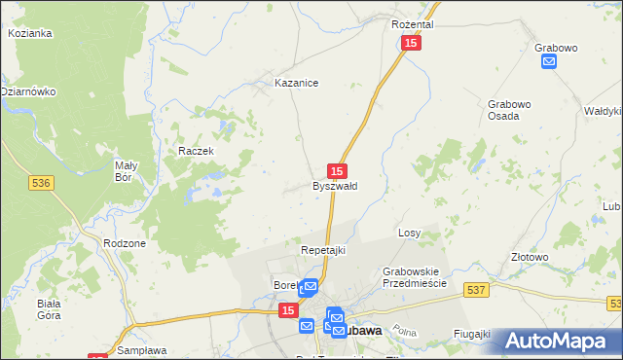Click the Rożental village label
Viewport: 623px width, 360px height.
(412, 23)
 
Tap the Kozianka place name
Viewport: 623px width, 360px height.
(29, 33)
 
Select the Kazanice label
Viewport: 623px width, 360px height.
(297, 84)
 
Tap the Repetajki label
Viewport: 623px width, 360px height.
(323, 250)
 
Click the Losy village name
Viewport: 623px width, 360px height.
(409, 234)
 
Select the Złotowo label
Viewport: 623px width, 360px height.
(531, 258)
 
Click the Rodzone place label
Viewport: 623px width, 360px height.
(125, 243)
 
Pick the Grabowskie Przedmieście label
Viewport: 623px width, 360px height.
(414, 277)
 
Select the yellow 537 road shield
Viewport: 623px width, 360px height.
(475, 289)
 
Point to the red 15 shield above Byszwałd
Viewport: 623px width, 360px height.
(338, 169)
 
